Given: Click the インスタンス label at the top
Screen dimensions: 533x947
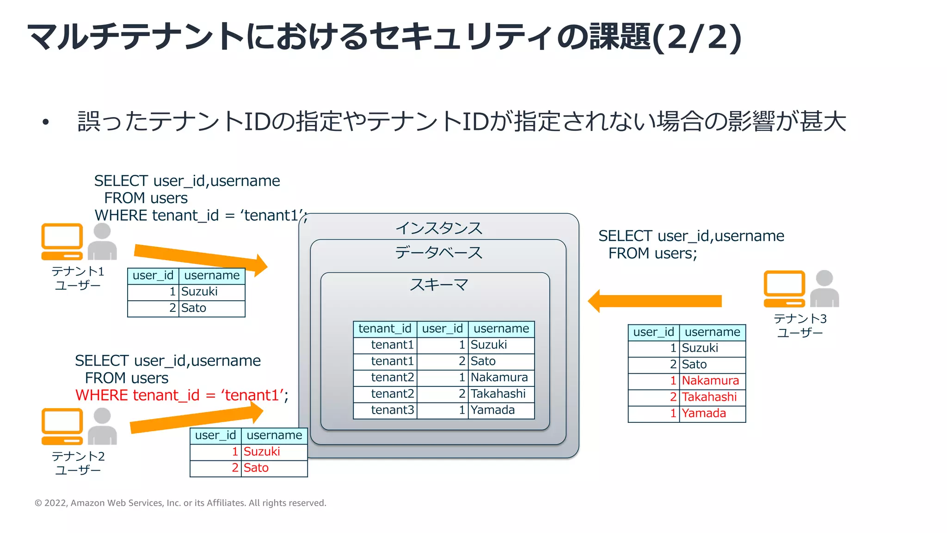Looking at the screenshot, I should click(x=438, y=228).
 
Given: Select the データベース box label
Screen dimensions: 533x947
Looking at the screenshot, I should click(x=438, y=253).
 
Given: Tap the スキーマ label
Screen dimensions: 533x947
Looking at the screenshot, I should click(x=438, y=285).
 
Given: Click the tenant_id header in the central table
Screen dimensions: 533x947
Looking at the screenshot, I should click(x=385, y=328).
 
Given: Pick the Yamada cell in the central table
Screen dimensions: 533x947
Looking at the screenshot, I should click(x=493, y=410).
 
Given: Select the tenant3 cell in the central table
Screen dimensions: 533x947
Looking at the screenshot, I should click(x=392, y=410).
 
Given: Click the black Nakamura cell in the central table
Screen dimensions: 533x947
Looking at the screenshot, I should click(x=499, y=378).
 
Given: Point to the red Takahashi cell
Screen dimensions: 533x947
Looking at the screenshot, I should click(x=709, y=397).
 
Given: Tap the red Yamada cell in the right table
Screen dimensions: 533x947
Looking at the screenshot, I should click(x=704, y=413).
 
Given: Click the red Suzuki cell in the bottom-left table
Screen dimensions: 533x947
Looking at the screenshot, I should click(x=262, y=452).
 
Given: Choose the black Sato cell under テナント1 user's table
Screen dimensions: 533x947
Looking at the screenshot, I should click(x=194, y=308).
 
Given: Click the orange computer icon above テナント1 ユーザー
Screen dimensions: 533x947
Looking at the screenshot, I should click(x=62, y=242).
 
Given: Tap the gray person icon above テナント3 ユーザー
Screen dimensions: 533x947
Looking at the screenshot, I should click(x=824, y=289).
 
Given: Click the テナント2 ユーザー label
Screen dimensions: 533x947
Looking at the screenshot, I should click(x=78, y=463).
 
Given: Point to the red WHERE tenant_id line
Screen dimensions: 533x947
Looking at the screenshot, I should click(x=182, y=395).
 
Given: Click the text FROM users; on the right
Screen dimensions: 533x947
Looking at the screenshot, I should click(x=652, y=254).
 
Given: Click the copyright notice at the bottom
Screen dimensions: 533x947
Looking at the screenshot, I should click(x=180, y=503).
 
